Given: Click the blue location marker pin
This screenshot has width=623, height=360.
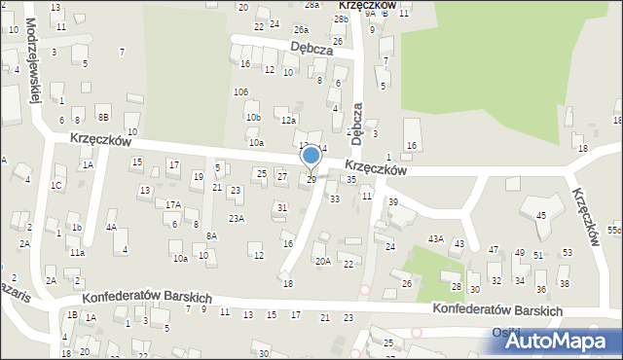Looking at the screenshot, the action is coord(311,157).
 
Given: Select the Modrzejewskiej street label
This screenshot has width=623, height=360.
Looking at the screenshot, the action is coord(33,58).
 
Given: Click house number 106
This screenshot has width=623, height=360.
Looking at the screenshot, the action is coord(239,91).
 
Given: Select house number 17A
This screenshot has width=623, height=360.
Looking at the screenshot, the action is coord(172,204).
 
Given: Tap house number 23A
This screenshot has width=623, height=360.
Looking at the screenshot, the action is coord(236,219).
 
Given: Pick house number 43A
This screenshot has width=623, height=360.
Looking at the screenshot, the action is coord(436,239).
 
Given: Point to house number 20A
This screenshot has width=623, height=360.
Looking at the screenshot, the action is coord(322,261).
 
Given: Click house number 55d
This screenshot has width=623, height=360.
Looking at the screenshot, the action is coord(614,230).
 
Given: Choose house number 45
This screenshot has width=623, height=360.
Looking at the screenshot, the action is coord(541,215).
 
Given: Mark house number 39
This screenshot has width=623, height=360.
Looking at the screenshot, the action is coord(393,201).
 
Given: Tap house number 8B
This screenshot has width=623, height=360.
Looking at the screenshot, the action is coord(103,117).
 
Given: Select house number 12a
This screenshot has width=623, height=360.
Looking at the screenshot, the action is coord(288,121).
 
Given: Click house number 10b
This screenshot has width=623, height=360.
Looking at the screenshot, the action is coord(253,118).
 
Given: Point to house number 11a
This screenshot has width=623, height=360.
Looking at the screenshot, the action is coord(77,253).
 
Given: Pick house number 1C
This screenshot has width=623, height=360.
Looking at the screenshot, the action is coord(56,185).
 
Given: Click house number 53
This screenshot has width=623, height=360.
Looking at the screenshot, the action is coord(566,253).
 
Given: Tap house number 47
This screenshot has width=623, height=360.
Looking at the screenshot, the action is coord(494,251).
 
